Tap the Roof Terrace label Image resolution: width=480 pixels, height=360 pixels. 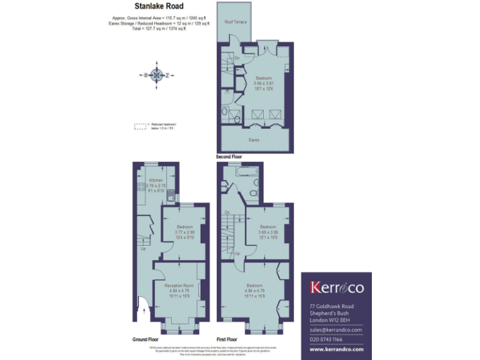coord(235,22)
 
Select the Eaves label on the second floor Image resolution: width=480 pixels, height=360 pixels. coord(254,139)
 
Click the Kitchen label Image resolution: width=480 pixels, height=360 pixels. coord(156,180)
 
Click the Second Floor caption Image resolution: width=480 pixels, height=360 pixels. coord(229,156)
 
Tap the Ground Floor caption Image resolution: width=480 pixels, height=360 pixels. coord(145,339)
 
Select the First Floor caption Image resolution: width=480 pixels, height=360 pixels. coord(228,339)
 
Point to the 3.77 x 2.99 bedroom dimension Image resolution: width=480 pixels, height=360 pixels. coord(184,232)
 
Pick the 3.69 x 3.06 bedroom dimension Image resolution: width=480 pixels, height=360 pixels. coord(267,232)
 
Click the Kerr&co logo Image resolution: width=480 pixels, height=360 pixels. coord(337,287)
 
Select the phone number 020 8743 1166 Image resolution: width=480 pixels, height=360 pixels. coord(331,340)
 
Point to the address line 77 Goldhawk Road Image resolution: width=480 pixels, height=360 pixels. coord(332,306)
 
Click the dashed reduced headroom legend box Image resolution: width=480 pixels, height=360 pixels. coord(140,126)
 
